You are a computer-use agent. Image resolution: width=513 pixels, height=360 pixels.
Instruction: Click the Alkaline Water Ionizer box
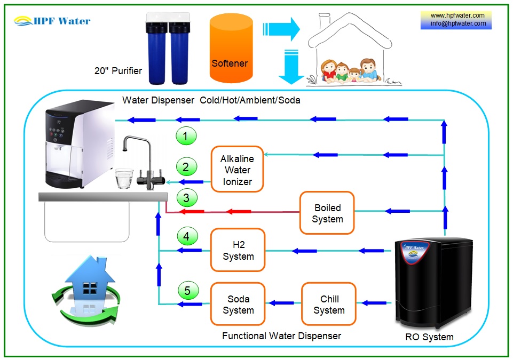[236, 170]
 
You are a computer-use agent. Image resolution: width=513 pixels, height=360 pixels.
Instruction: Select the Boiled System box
[327, 213]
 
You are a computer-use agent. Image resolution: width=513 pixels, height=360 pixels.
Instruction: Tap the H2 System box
[238, 250]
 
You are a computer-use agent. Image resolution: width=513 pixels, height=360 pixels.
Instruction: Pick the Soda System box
[238, 304]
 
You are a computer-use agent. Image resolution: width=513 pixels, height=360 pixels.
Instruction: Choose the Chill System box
[329, 304]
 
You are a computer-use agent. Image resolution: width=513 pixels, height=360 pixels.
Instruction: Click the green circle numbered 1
[186, 137]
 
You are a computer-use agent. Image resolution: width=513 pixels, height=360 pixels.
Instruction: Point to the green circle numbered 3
[186, 198]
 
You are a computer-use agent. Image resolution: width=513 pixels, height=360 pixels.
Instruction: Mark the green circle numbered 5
[187, 291]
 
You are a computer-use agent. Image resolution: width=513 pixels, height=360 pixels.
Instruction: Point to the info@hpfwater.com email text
[458, 23]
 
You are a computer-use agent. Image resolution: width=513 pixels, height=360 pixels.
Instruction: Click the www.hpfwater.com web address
[458, 15]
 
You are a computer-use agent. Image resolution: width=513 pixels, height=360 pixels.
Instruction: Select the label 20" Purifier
[118, 70]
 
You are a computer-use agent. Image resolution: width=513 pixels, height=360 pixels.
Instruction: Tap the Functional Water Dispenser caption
[281, 336]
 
